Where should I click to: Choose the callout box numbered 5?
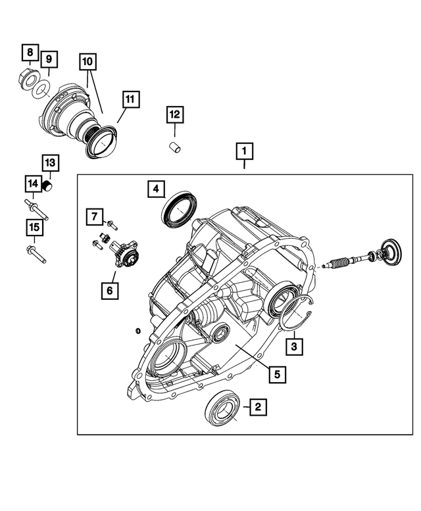(x=277, y=374)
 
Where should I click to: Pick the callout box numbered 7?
(x=94, y=216)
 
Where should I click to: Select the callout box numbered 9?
(x=49, y=61)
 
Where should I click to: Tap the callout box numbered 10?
(x=88, y=62)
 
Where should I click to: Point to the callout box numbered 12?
(x=174, y=115)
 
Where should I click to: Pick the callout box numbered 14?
(x=33, y=183)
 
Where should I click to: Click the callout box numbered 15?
(x=34, y=228)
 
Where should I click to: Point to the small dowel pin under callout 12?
(x=176, y=147)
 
